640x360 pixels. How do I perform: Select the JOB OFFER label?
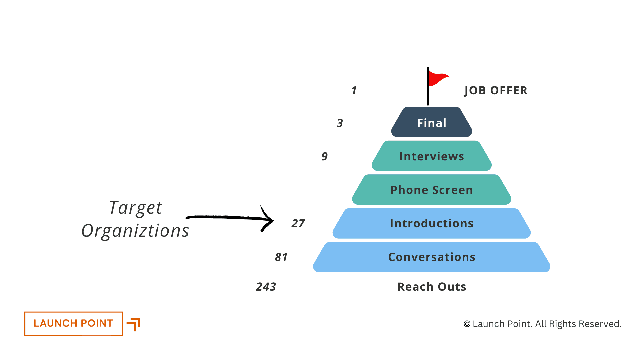pyautogui.click(x=496, y=91)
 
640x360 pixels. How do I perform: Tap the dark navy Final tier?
pyautogui.click(x=432, y=123)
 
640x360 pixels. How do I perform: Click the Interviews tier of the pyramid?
pyautogui.click(x=432, y=156)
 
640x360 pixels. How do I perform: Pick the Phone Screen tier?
pyautogui.click(x=432, y=190)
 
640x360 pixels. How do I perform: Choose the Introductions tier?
pyautogui.click(x=432, y=223)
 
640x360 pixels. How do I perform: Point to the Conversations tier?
pyautogui.click(x=432, y=257)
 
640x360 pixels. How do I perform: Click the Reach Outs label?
pyautogui.click(x=432, y=287)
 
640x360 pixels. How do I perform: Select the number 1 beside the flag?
pyautogui.click(x=354, y=91)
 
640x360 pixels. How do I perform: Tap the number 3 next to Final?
pyautogui.click(x=340, y=123)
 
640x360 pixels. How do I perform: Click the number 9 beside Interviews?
pyautogui.click(x=324, y=156)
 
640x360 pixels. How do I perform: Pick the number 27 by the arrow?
pyautogui.click(x=298, y=223)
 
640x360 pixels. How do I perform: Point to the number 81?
pyautogui.click(x=281, y=257)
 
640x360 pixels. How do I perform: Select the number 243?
pyautogui.click(x=266, y=287)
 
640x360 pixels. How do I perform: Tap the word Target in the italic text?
pyautogui.click(x=135, y=208)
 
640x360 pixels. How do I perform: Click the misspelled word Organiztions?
pyautogui.click(x=135, y=231)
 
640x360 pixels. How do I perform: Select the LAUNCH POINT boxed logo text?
pyautogui.click(x=73, y=323)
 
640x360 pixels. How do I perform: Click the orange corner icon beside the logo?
pyautogui.click(x=134, y=324)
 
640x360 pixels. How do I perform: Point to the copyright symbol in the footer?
pyautogui.click(x=467, y=324)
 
